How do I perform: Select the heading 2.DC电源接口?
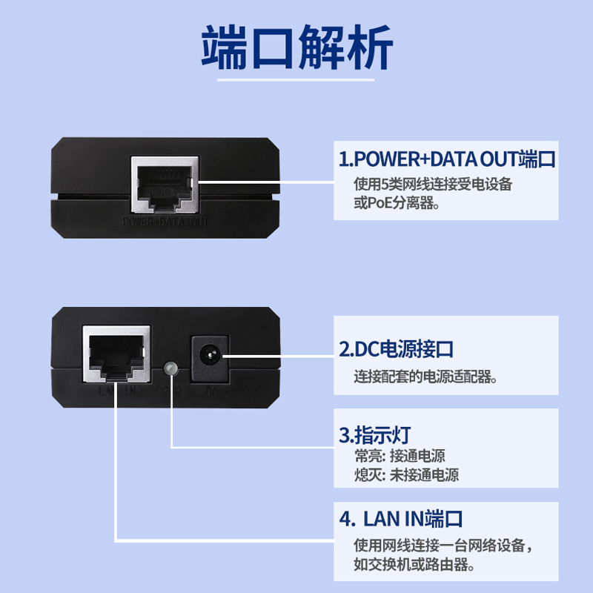[x=406, y=348]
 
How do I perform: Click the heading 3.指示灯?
[x=374, y=434]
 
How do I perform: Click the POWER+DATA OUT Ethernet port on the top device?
[x=165, y=182]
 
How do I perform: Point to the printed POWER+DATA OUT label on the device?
[x=165, y=221]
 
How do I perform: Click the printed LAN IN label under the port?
[x=116, y=390]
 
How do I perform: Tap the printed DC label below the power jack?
[x=210, y=390]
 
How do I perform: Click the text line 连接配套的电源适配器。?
[x=425, y=377]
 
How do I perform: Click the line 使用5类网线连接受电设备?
[x=433, y=183]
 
